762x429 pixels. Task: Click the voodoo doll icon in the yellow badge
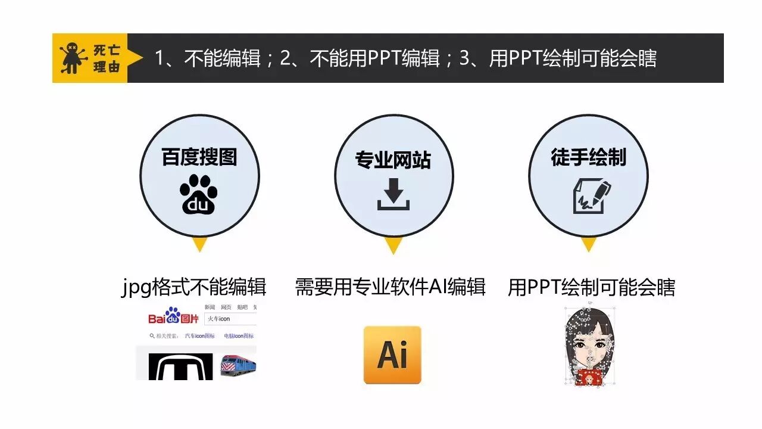tap(72, 58)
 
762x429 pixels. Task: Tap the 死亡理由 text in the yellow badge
tap(107, 58)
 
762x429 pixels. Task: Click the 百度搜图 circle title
tap(199, 157)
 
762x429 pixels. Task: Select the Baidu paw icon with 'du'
tap(199, 194)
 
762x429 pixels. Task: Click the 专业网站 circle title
tap(393, 160)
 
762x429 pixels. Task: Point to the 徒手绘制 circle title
tap(588, 157)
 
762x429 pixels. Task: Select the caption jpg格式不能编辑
tap(193, 287)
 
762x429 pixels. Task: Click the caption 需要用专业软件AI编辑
tap(391, 287)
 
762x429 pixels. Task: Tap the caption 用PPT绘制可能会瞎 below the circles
tap(591, 287)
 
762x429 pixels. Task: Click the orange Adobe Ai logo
tap(392, 355)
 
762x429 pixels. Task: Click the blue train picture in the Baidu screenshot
tap(238, 364)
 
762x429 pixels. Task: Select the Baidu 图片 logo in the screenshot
tap(173, 317)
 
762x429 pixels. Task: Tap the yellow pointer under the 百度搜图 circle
tap(199, 244)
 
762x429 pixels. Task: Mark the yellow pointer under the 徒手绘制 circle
tap(589, 244)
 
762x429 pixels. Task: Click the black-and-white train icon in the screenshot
tap(180, 367)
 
